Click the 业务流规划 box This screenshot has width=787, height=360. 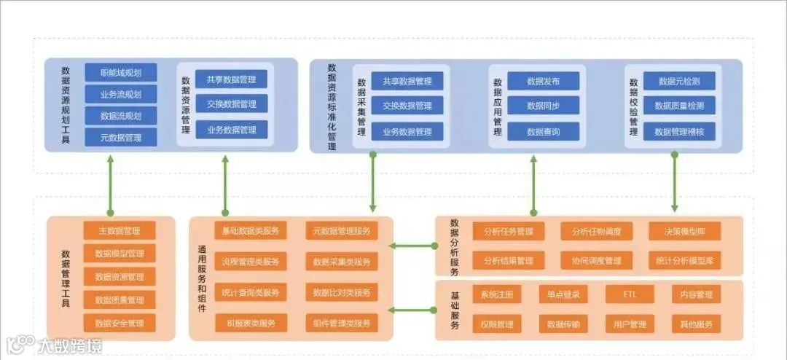[x=121, y=94]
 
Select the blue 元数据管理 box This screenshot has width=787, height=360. [x=121, y=137]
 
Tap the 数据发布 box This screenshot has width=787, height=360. [x=543, y=81]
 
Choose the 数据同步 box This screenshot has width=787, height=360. [x=543, y=106]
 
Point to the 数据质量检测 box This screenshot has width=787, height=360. [x=679, y=106]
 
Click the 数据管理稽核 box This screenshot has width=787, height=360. [x=679, y=132]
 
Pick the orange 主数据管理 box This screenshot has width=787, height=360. [x=120, y=231]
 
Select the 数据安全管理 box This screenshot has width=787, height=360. [x=120, y=323]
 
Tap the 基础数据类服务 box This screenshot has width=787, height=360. [x=251, y=231]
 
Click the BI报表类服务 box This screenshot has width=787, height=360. [x=251, y=323]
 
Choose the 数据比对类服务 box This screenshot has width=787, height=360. [x=341, y=292]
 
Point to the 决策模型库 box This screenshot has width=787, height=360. [x=685, y=232]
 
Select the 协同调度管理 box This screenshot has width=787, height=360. [x=591, y=260]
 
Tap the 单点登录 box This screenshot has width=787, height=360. [x=563, y=295]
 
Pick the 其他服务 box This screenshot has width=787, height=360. [x=696, y=324]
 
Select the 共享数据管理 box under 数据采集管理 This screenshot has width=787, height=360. [x=407, y=81]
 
